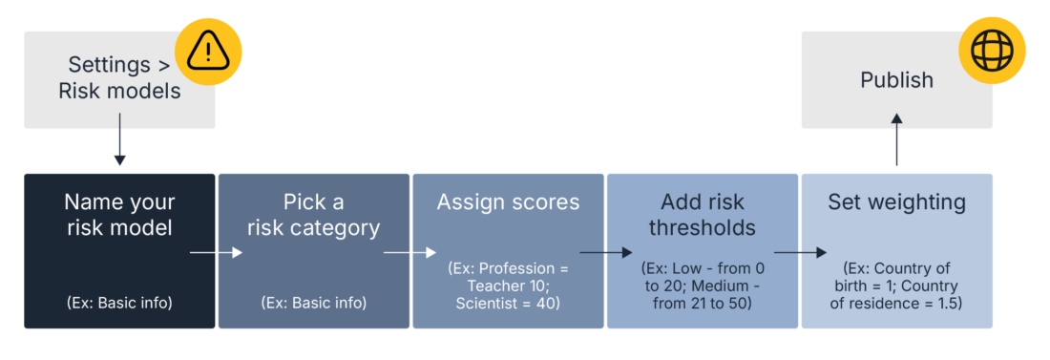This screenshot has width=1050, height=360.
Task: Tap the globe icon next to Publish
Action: pyautogui.click(x=993, y=51)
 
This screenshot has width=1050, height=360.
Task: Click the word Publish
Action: pyautogui.click(x=896, y=80)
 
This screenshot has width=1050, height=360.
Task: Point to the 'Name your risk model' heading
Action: pyautogui.click(x=119, y=215)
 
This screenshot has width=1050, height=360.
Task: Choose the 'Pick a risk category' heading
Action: pyautogui.click(x=313, y=215)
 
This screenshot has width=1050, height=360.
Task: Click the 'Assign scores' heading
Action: pyautogui.click(x=508, y=202)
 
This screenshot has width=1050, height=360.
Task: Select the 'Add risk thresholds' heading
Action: pyautogui.click(x=702, y=215)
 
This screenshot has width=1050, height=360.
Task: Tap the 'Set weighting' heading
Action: pyautogui.click(x=896, y=202)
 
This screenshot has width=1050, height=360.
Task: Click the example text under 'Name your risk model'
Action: pyautogui.click(x=119, y=303)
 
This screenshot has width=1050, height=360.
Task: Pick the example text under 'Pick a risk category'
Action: pyautogui.click(x=313, y=303)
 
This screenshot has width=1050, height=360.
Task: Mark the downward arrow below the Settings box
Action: pyautogui.click(x=119, y=143)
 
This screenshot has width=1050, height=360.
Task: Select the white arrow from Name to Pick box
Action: pyautogui.click(x=217, y=253)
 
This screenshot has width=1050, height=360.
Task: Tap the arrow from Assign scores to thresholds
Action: pyautogui.click(x=605, y=253)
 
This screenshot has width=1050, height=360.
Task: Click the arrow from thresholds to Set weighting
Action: pyautogui.click(x=800, y=253)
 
